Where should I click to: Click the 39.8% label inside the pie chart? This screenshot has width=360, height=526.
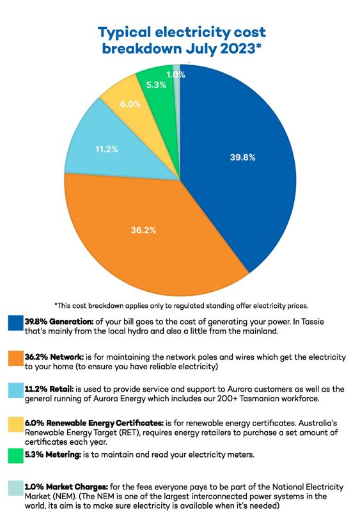tap(242, 157)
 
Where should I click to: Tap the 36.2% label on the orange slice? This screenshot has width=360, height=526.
tap(145, 228)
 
